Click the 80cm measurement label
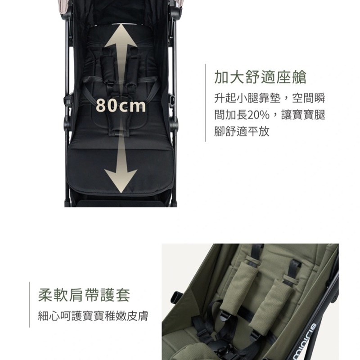[121, 106]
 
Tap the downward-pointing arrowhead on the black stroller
[121, 181]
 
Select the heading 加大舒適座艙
[260, 77]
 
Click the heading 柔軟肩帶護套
[84, 295]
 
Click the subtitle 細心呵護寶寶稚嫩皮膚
[93, 316]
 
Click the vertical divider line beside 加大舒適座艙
[205, 103]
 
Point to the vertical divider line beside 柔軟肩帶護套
[29, 305]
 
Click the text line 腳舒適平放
[242, 131]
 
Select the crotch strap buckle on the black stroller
[117, 132]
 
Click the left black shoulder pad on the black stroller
[108, 69]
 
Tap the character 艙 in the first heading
[299, 77]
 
